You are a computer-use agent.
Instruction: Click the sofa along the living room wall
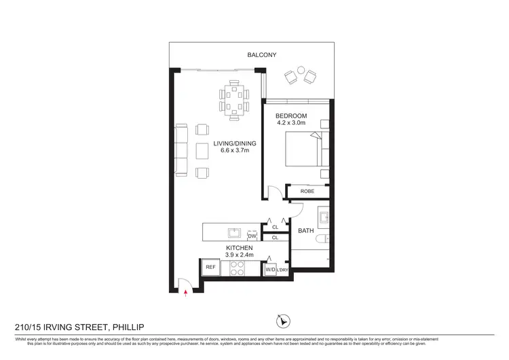coord(181,149)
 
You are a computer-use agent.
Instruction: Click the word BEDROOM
coord(292,115)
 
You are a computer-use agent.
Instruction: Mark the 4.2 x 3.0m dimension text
coord(292,123)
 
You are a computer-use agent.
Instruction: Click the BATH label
coord(307,232)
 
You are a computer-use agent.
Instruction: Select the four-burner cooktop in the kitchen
coord(238,268)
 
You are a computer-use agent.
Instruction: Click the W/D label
coord(270,270)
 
